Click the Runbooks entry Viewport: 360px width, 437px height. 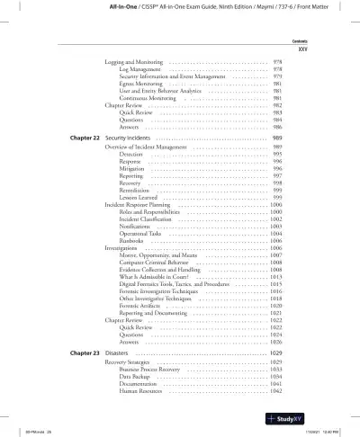(133, 242)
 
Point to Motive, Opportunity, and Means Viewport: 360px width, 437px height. (161, 256)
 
